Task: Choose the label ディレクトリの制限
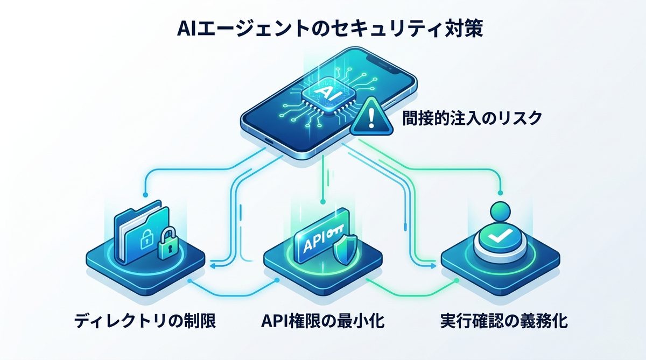click(145, 322)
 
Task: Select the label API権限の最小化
click(323, 322)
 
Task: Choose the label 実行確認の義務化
click(503, 322)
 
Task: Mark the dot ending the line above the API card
click(322, 202)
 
